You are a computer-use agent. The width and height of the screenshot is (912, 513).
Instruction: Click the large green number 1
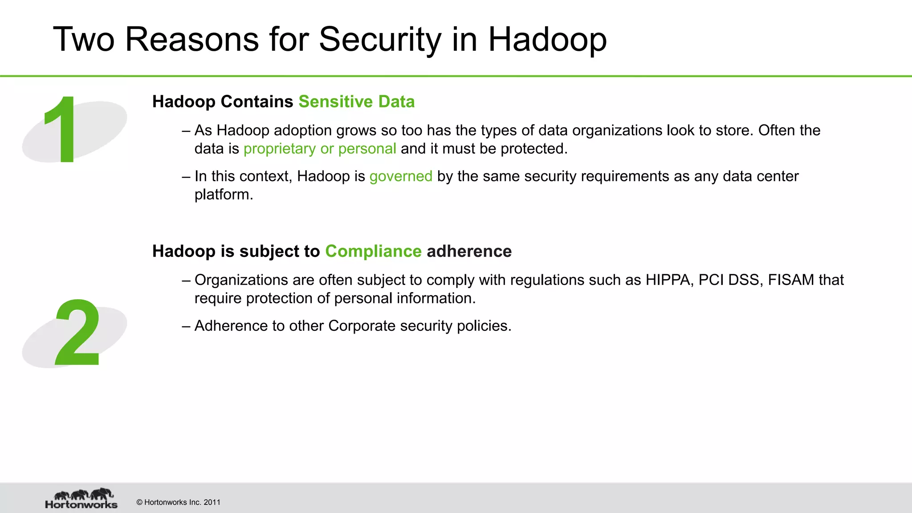tap(62, 130)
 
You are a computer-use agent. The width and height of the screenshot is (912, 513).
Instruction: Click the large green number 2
tap(77, 333)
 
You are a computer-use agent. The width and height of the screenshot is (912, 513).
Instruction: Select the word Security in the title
tap(379, 39)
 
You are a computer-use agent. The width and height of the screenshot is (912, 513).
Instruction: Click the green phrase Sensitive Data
tap(356, 102)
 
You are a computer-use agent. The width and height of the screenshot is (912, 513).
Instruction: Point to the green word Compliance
tap(373, 251)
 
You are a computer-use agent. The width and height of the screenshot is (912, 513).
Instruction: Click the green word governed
tap(401, 176)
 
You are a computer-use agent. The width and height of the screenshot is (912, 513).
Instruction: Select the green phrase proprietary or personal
tap(320, 149)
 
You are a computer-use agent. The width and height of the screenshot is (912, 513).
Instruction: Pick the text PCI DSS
tap(729, 280)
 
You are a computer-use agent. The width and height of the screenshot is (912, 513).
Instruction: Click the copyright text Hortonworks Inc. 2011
tap(179, 502)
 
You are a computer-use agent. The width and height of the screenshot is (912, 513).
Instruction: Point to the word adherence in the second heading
tap(469, 251)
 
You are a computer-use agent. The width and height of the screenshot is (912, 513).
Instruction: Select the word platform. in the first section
tap(224, 195)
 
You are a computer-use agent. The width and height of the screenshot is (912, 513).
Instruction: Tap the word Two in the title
tap(84, 39)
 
